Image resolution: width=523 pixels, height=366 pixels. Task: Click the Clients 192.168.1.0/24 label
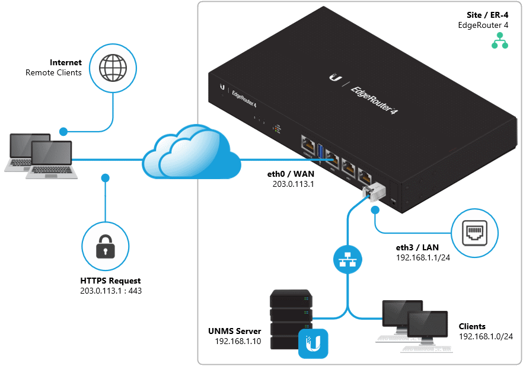click(486, 332)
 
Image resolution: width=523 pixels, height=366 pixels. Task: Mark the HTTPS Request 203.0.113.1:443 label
click(111, 286)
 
